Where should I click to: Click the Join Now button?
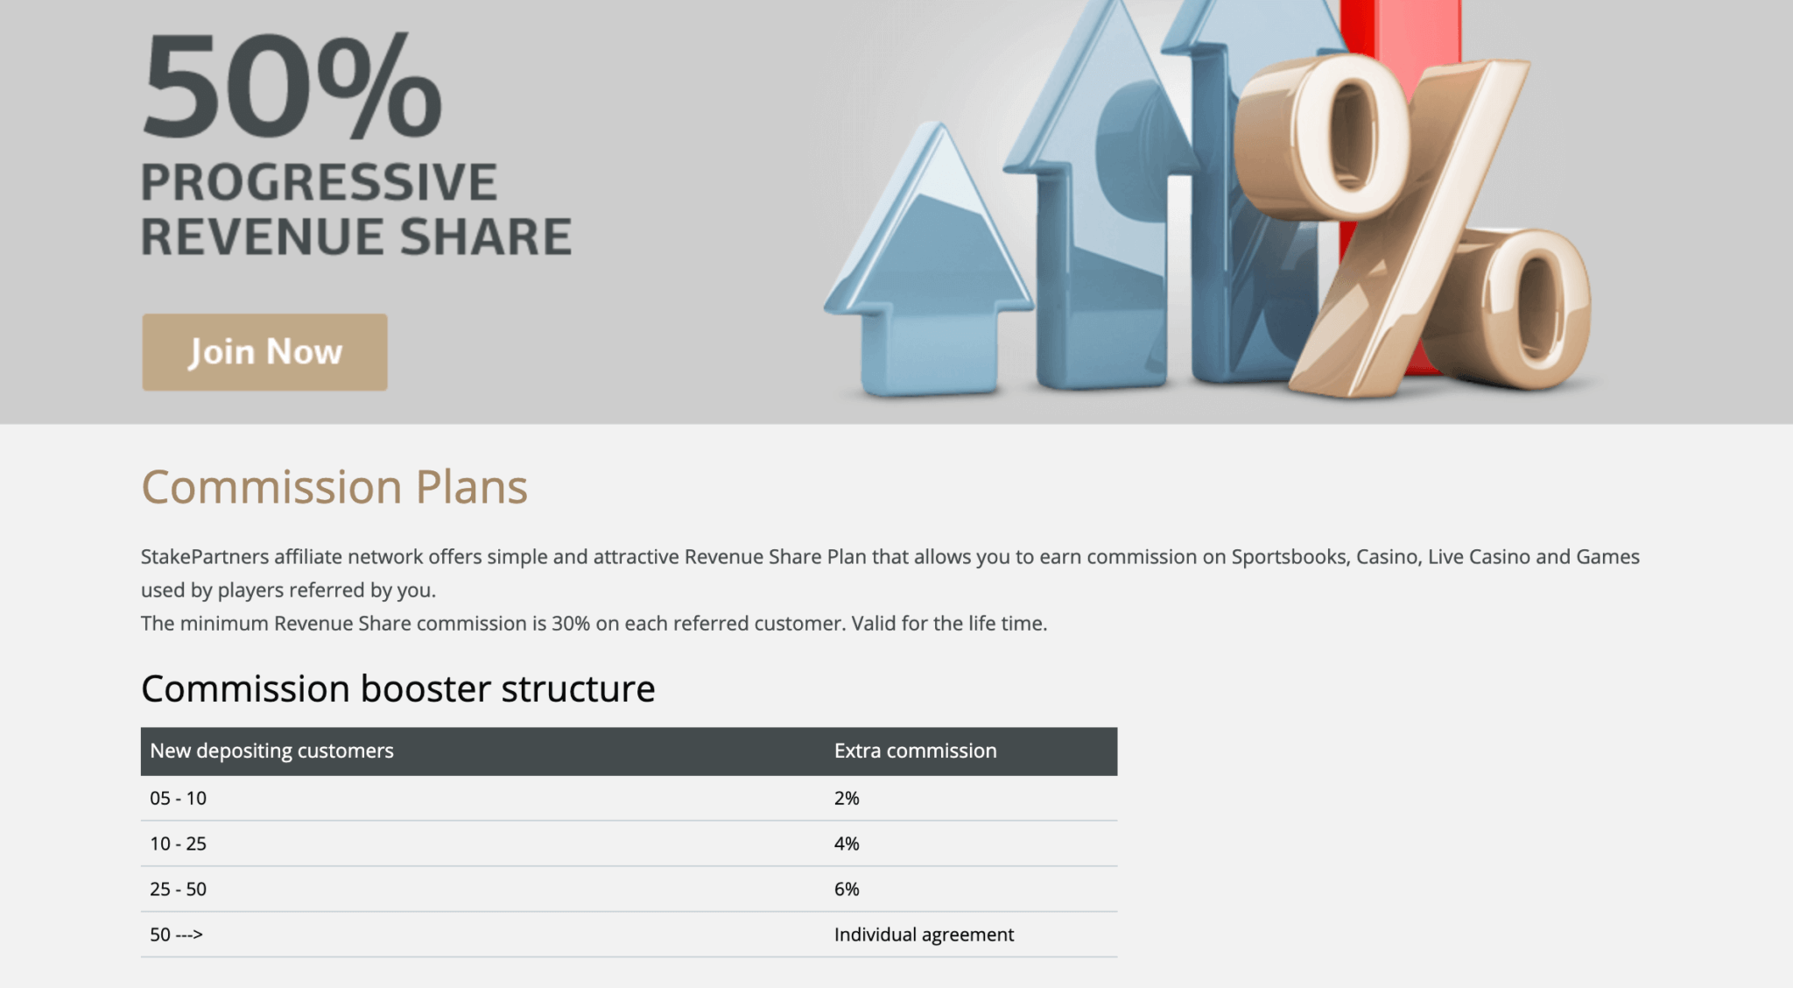coord(264,352)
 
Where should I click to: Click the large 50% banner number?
coord(292,85)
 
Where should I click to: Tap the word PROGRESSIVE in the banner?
coord(319,182)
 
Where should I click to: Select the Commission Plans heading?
coord(334,487)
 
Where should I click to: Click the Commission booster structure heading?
coord(398,688)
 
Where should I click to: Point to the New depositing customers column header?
coord(271,751)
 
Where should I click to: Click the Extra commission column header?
coord(915,751)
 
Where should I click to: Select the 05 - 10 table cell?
coord(178,798)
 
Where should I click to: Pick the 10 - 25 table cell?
coord(178,843)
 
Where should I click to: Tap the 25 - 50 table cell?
coord(178,889)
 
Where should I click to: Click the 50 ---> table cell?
coord(176,935)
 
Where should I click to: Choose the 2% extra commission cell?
coord(847,798)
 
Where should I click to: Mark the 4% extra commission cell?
coord(847,843)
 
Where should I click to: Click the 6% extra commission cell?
coord(847,889)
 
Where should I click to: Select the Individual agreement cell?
coord(924,935)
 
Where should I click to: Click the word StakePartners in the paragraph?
coord(205,557)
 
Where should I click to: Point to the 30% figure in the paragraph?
coord(571,624)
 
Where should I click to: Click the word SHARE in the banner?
coord(486,237)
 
